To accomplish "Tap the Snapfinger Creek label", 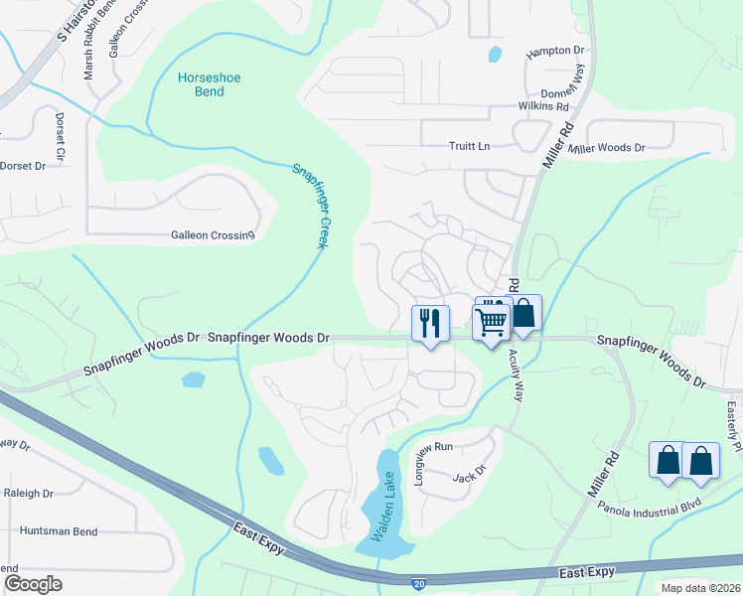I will coord(310,204).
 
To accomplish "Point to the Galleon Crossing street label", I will coord(213,235).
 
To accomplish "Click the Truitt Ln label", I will coord(470,146).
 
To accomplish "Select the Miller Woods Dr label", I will coord(606,148).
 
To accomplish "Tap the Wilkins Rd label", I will coord(542,106).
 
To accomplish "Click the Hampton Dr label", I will coord(563,51).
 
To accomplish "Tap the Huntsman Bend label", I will coord(59,531).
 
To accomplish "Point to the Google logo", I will coord(33,583).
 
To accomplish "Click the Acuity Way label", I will coord(516,374).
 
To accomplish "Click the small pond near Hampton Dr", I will coord(495,55).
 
